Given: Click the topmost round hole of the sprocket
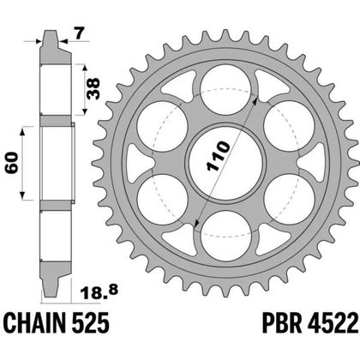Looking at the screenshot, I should (228, 88).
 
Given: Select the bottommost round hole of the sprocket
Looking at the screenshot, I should (228, 232).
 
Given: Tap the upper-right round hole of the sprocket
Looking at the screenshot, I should (290, 125).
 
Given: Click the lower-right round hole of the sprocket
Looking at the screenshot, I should (290, 196).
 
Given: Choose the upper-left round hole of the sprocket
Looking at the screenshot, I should (166, 125).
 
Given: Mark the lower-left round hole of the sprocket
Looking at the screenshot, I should (166, 196).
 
